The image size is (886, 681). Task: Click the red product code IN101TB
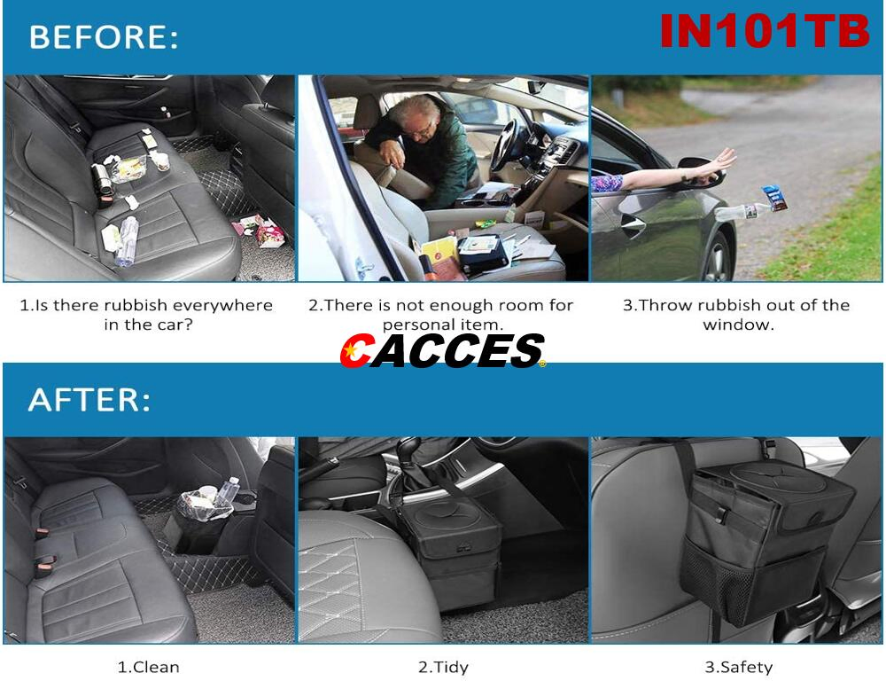click(x=765, y=31)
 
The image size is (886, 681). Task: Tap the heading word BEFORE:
click(x=104, y=37)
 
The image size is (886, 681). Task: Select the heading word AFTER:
click(x=89, y=400)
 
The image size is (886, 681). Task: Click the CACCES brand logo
click(x=442, y=351)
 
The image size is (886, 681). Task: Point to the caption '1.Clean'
click(x=148, y=667)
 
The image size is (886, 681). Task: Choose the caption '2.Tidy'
click(x=443, y=667)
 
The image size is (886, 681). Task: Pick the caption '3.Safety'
click(x=738, y=667)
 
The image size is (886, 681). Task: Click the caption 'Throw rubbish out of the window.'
click(x=737, y=314)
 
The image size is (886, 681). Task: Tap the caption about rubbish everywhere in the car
click(x=147, y=314)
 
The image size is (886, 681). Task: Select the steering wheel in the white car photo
click(x=507, y=142)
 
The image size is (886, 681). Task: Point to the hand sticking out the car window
click(x=713, y=164)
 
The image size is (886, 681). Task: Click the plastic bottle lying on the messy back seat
click(x=126, y=240)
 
